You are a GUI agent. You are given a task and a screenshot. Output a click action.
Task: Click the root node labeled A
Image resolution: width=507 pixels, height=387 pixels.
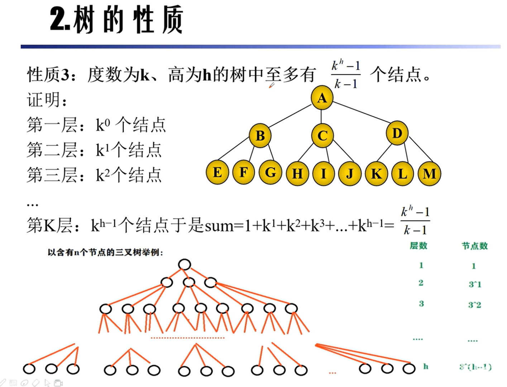tap(322, 98)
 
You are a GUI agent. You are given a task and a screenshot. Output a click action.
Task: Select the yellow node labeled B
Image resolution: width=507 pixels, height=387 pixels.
tap(260, 136)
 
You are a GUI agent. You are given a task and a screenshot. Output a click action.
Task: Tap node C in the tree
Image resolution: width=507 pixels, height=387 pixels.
tap(322, 136)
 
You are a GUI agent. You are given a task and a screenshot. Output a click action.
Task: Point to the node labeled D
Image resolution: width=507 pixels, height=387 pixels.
tap(397, 133)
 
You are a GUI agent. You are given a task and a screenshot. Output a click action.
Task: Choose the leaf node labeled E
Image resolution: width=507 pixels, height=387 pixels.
tap(217, 172)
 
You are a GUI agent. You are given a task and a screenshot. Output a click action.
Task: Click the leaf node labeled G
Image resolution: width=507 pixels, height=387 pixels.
tap(270, 172)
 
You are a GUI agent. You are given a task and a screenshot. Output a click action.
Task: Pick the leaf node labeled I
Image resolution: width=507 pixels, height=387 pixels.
tap(323, 173)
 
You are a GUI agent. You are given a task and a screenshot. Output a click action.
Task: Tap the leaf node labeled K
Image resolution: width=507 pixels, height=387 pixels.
tap(376, 174)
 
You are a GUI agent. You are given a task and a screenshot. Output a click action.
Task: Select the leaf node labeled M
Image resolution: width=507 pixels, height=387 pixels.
tap(429, 174)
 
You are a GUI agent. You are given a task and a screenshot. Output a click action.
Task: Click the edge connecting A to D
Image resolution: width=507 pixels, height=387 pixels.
tap(360, 112)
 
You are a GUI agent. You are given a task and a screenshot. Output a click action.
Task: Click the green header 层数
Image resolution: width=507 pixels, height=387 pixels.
tap(418, 246)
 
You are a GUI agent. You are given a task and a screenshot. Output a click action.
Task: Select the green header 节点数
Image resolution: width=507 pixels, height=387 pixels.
tap(474, 246)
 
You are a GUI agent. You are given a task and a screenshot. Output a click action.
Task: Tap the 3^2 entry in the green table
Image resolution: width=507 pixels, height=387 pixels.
tap(474, 305)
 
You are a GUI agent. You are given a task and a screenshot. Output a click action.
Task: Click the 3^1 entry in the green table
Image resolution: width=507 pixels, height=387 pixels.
tap(475, 285)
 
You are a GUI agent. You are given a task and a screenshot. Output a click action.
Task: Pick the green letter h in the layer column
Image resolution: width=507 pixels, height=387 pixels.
tap(425, 366)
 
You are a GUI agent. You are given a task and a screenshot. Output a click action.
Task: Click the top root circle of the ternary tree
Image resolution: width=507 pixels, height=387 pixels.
tap(184, 265)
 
